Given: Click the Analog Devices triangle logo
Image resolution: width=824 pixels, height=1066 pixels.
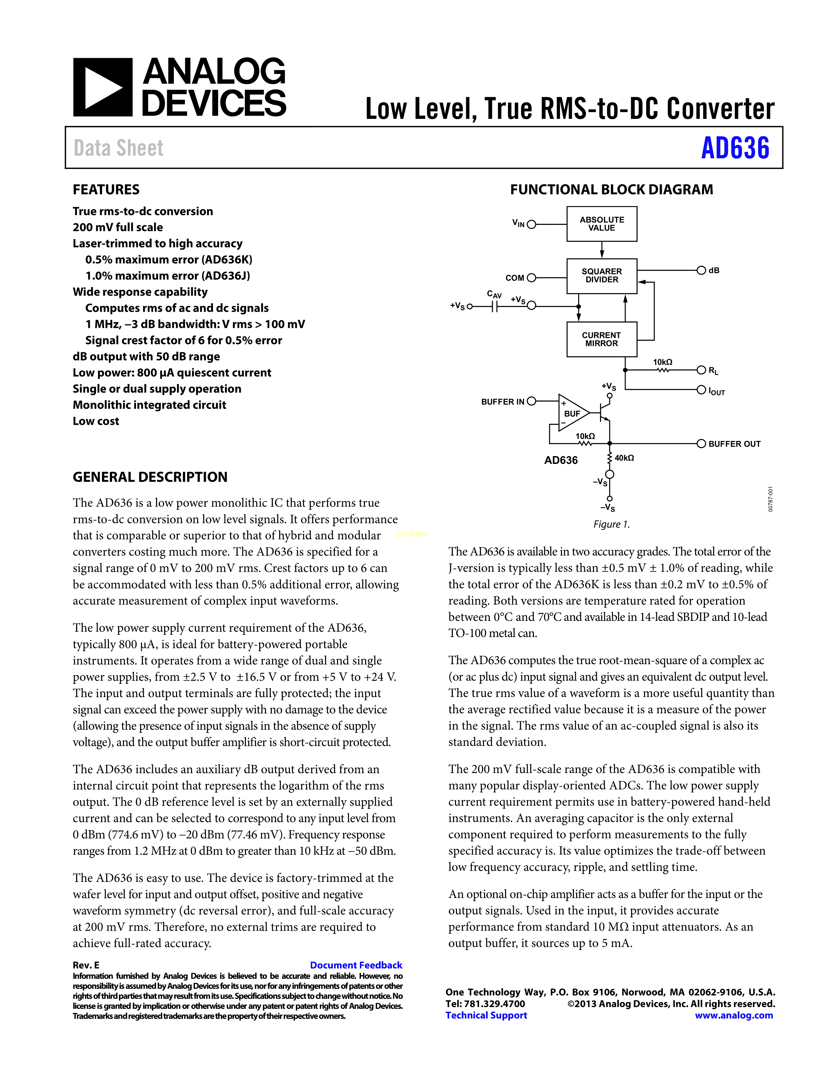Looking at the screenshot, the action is [x=102, y=87].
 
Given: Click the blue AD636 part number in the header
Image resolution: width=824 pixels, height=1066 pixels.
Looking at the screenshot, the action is [x=735, y=148].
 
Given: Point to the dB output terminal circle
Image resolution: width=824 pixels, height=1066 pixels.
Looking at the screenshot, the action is [x=701, y=270].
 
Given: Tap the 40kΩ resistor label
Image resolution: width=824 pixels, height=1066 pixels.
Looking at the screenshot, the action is [x=624, y=458].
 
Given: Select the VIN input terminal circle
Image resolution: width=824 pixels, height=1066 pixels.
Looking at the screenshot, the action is [x=532, y=225].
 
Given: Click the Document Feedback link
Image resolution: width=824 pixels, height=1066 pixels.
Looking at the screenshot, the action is [x=356, y=965].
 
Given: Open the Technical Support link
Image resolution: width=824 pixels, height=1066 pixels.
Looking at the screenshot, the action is [x=486, y=1015].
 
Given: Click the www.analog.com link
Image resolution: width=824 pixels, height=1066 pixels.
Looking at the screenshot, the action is [x=734, y=1015].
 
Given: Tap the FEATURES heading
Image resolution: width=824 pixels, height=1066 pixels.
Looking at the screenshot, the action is [x=106, y=189].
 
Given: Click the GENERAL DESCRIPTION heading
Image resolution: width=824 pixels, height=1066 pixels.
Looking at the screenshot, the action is [x=150, y=477].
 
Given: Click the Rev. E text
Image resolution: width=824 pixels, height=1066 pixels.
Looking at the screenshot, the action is [x=86, y=965].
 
